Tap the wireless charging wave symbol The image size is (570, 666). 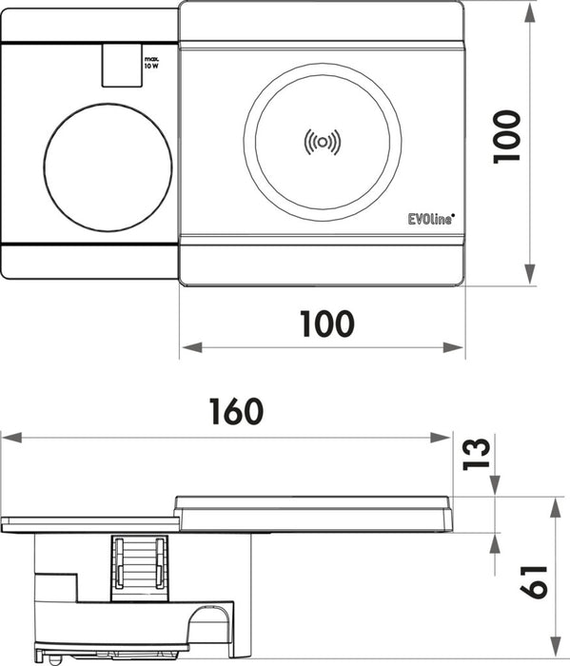[x=322, y=142]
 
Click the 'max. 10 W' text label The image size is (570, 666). [x=149, y=66]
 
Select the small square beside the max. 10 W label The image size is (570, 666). [x=117, y=64]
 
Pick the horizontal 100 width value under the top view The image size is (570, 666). [x=325, y=323]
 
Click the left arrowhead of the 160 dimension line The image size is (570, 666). [x=8, y=438]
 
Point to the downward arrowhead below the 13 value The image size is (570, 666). [x=495, y=489]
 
